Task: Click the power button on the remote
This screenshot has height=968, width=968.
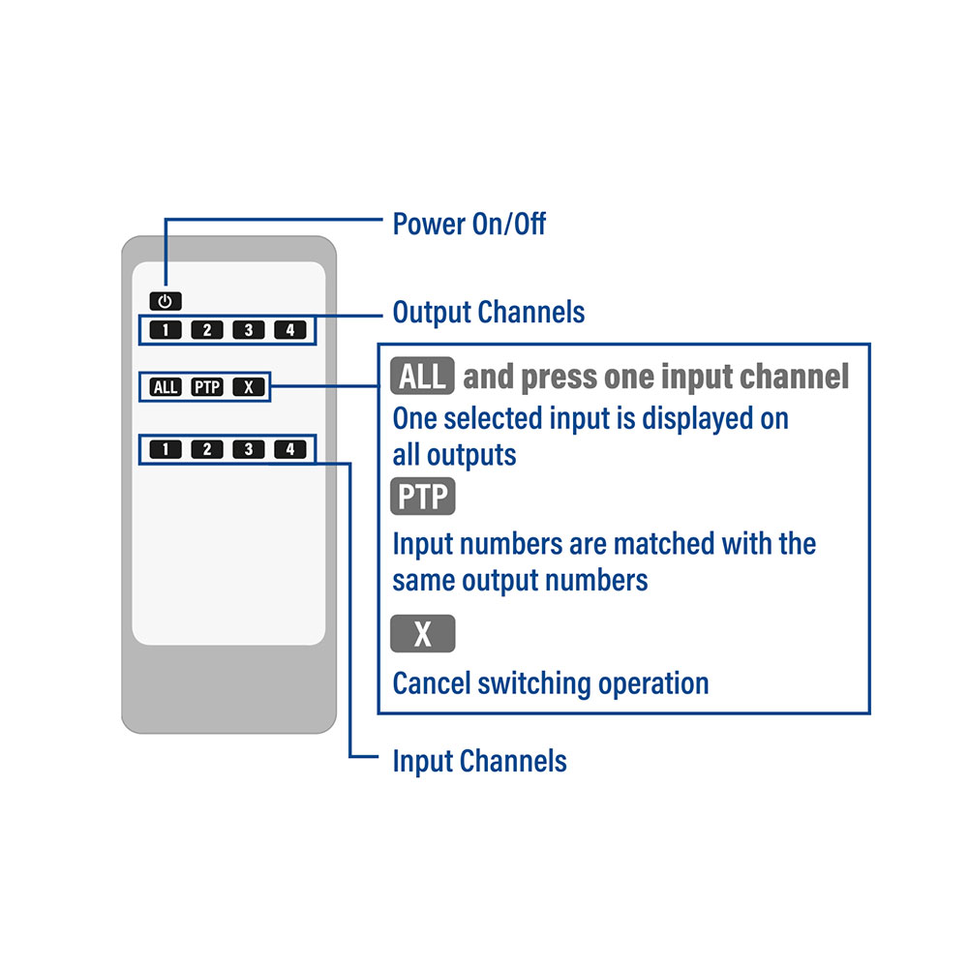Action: [x=166, y=301]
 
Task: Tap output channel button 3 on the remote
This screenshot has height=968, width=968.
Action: [x=248, y=330]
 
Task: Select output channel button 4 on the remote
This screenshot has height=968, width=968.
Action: [x=290, y=330]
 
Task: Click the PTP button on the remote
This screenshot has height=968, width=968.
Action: [x=207, y=387]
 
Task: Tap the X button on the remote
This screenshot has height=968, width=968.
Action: [x=248, y=387]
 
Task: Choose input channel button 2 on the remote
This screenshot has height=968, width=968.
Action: [x=207, y=449]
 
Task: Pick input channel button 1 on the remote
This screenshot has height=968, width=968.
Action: [x=166, y=449]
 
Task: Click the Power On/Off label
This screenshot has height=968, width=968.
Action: [x=469, y=224]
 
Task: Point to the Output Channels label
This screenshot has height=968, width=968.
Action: [x=488, y=313]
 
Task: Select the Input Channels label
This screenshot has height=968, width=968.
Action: [x=480, y=761]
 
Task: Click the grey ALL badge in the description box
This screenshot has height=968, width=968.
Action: [x=422, y=376]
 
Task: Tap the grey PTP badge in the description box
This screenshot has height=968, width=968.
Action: [x=422, y=497]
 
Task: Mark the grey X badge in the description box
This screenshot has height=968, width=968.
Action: [x=422, y=633]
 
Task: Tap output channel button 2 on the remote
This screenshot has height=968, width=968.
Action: [x=207, y=330]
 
